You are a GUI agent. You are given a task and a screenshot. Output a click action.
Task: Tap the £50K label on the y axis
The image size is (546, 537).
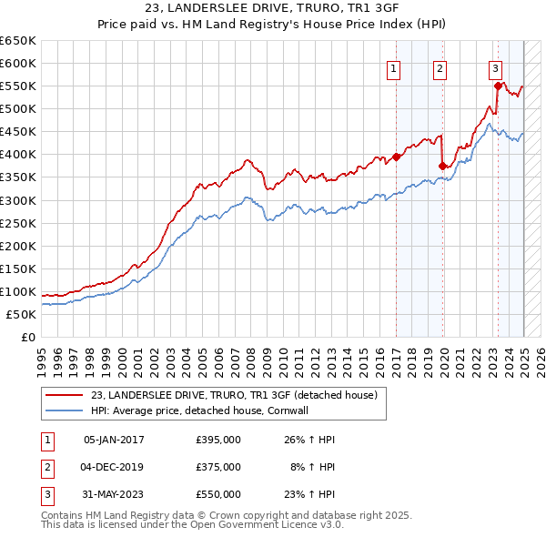[22, 314]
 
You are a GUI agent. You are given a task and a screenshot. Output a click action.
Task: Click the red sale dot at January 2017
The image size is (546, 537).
[397, 157]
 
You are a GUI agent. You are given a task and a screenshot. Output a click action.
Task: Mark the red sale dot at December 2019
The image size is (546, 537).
[443, 166]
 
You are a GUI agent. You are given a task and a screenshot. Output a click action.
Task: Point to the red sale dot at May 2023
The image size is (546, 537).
[498, 86]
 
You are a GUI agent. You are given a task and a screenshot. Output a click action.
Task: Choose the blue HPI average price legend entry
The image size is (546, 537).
[200, 410]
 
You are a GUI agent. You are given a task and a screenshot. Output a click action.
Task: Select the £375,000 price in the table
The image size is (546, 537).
[218, 467]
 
